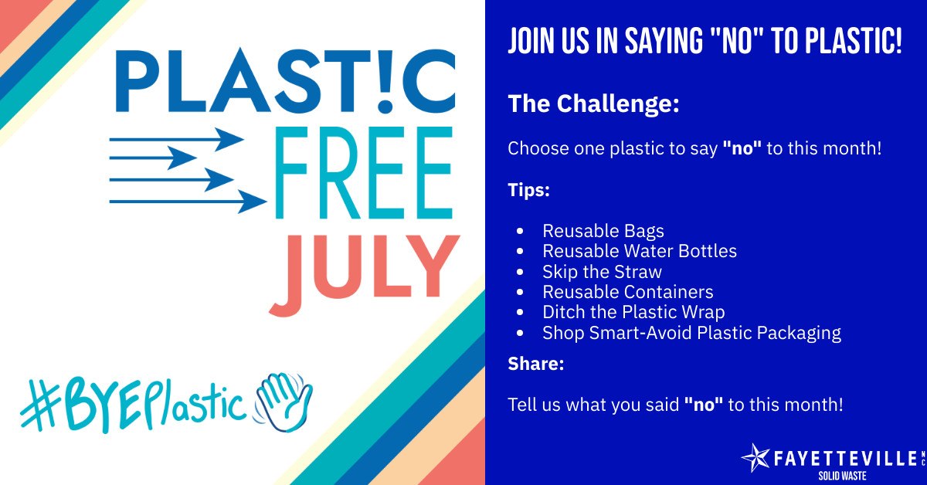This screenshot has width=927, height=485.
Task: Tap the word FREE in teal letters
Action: (364, 172)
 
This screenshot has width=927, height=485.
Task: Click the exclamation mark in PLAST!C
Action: (385, 81)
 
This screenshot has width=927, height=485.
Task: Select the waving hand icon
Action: (284, 402)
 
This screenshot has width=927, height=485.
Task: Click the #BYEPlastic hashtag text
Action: (131, 405)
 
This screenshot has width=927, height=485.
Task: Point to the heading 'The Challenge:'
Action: (593, 103)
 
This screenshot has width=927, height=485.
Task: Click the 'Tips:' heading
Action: (528, 190)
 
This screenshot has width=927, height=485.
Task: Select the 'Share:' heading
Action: (536, 364)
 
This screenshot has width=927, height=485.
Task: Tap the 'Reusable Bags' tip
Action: (603, 231)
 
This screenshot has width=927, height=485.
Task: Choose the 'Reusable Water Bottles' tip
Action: (640, 251)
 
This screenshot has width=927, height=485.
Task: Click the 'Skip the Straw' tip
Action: (602, 272)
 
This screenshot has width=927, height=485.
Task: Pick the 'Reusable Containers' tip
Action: (628, 292)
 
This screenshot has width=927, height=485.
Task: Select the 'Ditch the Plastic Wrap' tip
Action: (633, 312)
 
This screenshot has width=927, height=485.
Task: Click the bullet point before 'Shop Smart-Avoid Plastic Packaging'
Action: (520, 333)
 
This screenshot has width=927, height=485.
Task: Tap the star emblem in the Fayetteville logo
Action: (756, 458)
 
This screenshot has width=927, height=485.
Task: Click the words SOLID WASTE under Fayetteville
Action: (842, 476)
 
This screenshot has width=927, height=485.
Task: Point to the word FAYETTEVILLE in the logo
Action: (845, 459)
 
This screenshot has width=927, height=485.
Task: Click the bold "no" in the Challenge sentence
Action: (742, 148)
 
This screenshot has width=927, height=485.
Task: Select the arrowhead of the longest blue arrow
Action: (252, 202)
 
